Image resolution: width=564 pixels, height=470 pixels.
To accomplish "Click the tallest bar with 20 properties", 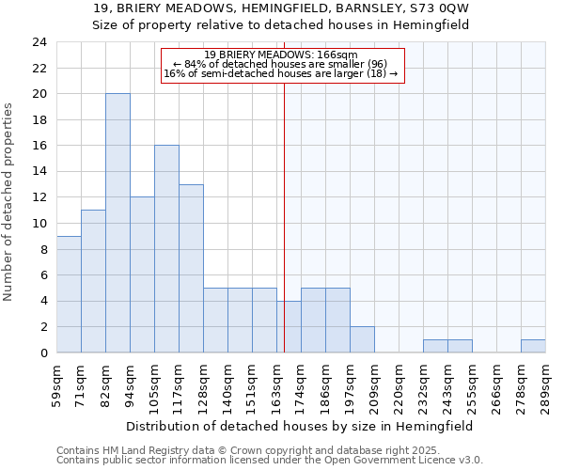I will click(x=117, y=223).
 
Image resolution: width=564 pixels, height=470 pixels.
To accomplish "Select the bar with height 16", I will click(x=166, y=249).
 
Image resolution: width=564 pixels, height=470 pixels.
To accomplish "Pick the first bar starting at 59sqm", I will click(x=69, y=294).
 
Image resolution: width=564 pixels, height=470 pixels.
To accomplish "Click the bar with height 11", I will click(x=93, y=281).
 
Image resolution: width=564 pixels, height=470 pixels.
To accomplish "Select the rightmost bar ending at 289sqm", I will click(x=533, y=346).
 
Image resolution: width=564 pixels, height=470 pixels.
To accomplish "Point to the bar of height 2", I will click(x=362, y=339).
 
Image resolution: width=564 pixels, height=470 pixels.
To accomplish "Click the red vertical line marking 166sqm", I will click(x=284, y=216).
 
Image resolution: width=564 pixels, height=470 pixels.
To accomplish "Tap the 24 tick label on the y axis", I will click(x=39, y=42).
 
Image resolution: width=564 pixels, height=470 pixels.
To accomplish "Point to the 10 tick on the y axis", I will click(x=39, y=224).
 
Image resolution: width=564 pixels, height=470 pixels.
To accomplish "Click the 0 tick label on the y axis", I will click(x=42, y=353).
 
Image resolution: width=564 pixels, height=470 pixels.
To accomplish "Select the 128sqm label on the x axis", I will click(x=203, y=383).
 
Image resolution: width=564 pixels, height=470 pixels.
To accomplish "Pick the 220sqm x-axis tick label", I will click(x=399, y=383).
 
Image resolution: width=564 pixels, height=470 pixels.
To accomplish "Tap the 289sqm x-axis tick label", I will click(x=545, y=383).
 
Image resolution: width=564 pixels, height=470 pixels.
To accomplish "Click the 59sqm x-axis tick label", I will click(x=56, y=383).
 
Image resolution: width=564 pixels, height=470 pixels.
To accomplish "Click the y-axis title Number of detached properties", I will click(x=9, y=202).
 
